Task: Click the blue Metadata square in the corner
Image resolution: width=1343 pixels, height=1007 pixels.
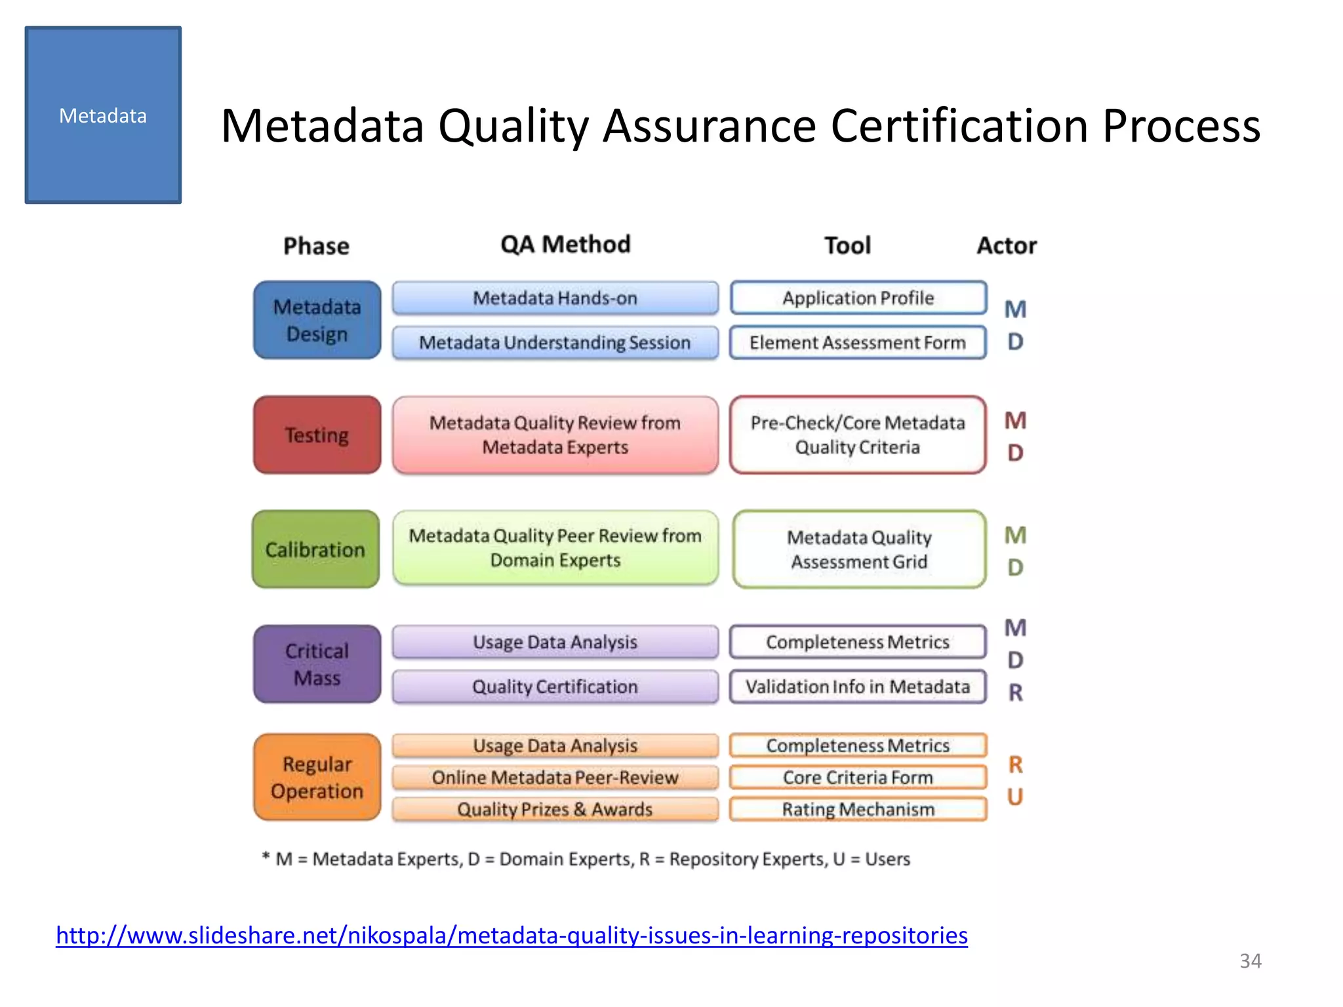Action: point(103,115)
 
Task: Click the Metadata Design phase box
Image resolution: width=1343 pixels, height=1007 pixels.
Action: point(317,320)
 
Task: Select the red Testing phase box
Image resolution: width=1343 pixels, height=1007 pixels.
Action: point(317,435)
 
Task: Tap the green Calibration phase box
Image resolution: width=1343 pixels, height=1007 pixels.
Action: point(315,549)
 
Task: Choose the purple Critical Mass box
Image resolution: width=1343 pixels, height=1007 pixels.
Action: point(317,664)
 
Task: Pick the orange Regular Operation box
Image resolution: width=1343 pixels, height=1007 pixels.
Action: point(317,777)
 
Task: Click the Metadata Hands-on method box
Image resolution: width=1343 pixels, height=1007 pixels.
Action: point(555,298)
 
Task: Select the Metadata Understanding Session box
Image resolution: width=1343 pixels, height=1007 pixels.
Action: point(555,342)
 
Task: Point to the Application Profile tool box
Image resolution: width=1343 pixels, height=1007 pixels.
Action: point(858,298)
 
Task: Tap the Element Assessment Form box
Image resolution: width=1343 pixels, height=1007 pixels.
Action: point(858,342)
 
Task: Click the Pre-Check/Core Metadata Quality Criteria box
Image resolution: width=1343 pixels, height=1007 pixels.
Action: point(858,435)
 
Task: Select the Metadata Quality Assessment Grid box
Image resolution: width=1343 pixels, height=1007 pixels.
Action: point(859,549)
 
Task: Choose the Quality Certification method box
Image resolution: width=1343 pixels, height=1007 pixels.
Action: point(555,686)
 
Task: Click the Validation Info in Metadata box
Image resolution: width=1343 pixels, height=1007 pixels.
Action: point(858,686)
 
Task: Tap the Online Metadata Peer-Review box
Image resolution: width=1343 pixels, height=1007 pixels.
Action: point(555,778)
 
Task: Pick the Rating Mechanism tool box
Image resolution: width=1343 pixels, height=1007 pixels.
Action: point(858,809)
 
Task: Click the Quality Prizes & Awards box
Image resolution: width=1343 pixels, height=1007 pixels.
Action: point(555,809)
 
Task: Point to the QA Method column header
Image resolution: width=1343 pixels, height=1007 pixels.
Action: point(565,245)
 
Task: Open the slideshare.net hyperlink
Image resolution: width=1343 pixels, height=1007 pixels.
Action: point(511,935)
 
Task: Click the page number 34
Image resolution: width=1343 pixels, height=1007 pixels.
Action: point(1250,961)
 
